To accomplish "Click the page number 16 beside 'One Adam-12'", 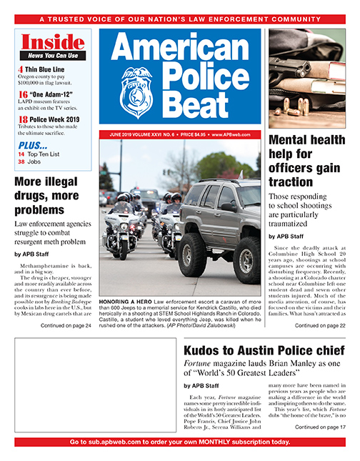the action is (x=23, y=94).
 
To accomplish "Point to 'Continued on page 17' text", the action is (x=314, y=427).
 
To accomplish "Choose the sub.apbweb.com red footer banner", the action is (x=180, y=442).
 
